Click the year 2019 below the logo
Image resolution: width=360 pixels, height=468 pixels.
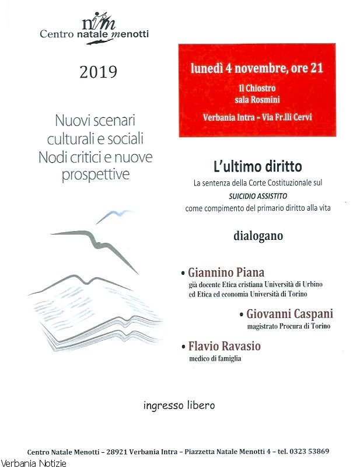click(98, 72)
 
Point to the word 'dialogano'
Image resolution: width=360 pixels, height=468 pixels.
click(258, 236)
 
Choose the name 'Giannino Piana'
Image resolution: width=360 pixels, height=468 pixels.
click(226, 273)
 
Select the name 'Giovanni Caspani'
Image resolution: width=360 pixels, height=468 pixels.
click(289, 314)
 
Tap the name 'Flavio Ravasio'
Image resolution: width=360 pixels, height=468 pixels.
click(224, 347)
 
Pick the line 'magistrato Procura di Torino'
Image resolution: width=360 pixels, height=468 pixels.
click(288, 326)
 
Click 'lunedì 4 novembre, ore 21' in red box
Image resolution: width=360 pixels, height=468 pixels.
click(257, 68)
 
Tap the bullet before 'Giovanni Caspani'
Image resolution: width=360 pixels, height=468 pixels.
click(241, 315)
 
